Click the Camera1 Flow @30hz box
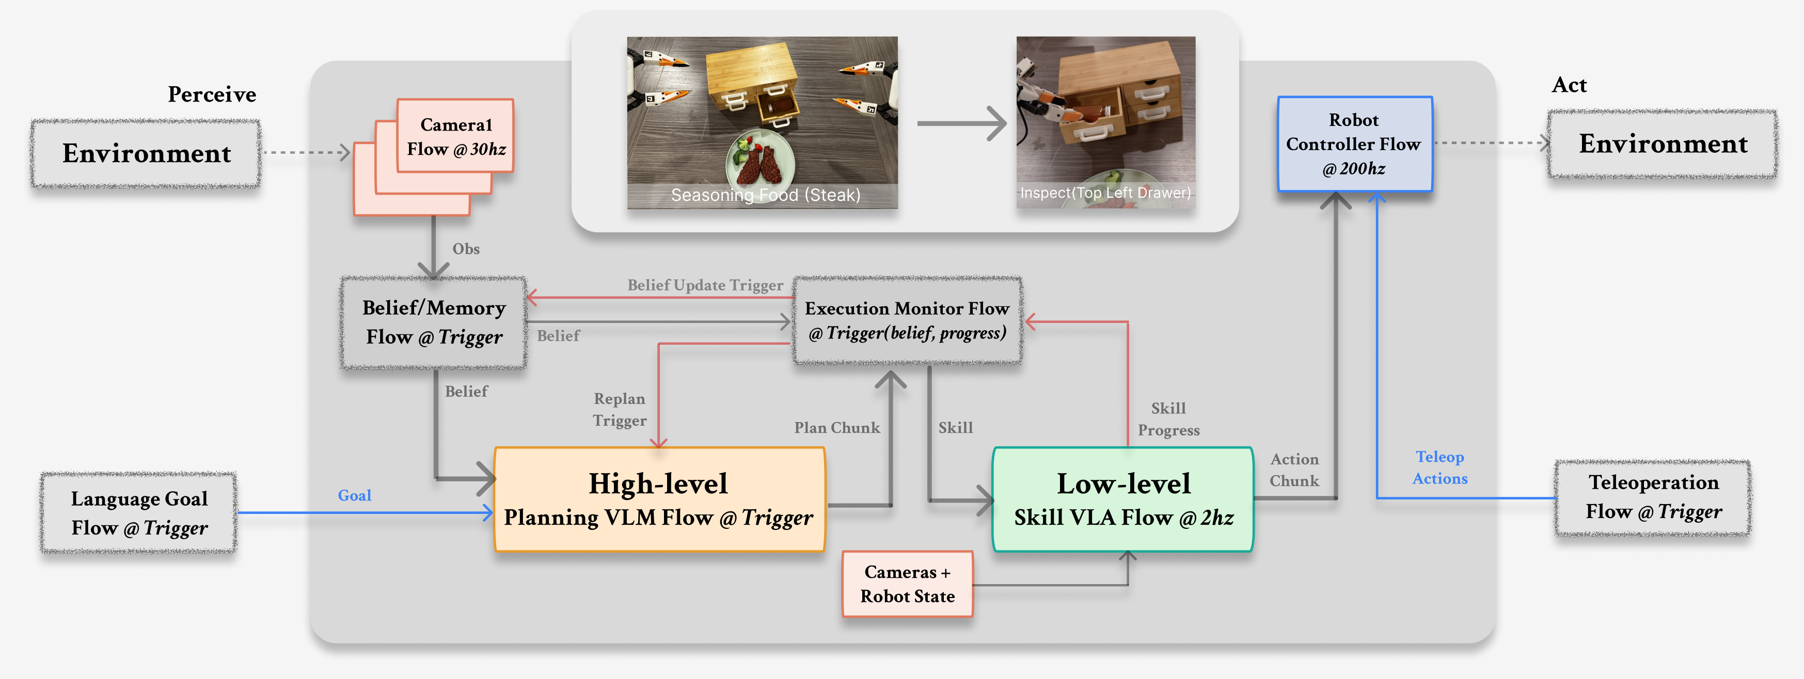tap(455, 137)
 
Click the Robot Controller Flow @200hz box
tap(1354, 144)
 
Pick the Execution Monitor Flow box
tap(907, 320)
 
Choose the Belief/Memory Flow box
tap(434, 322)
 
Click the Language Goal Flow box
tap(139, 513)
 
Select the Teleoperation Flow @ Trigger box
tap(1653, 497)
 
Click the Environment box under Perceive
tap(146, 153)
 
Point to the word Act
tap(1569, 85)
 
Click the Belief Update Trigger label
tap(705, 285)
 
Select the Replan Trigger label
tap(619, 410)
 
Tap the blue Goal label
tap(354, 496)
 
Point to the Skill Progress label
tap(1168, 418)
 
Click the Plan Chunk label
tap(836, 428)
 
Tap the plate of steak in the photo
tap(761, 161)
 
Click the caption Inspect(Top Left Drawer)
tap(1105, 192)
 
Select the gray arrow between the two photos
tap(961, 123)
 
